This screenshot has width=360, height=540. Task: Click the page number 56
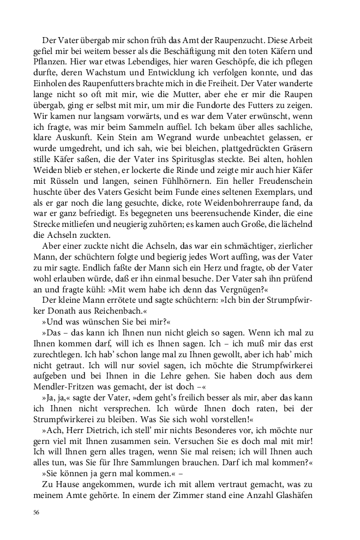pyautogui.click(x=36, y=513)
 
